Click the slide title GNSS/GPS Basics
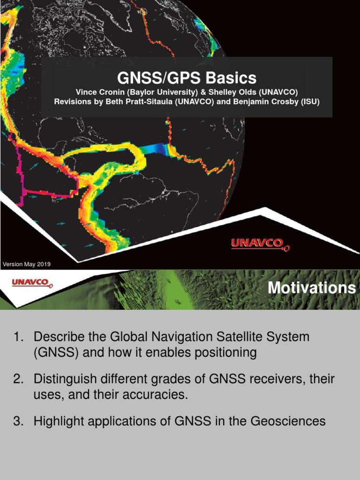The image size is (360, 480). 187,78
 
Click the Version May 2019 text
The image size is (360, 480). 26,264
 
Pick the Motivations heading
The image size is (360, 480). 312,288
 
